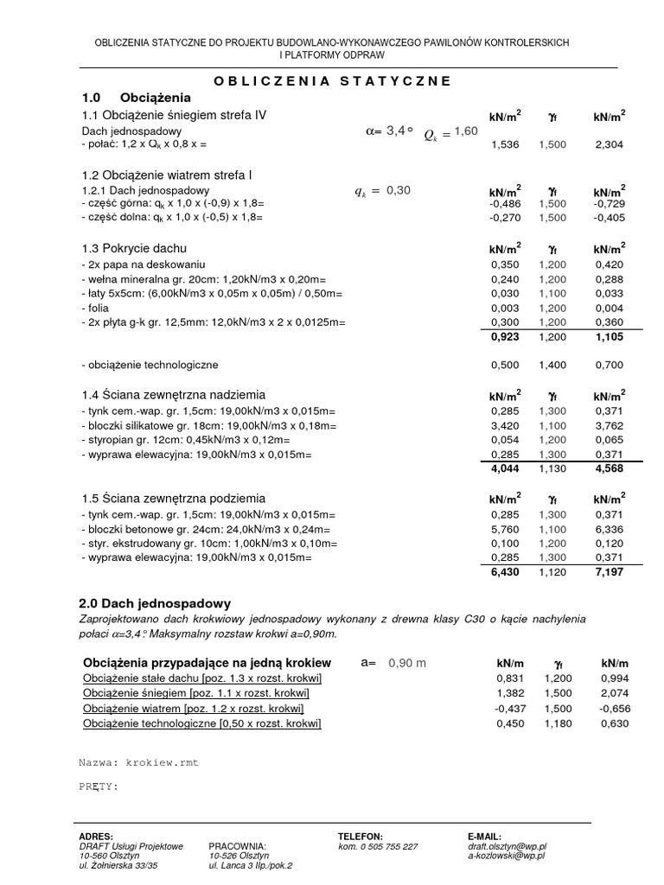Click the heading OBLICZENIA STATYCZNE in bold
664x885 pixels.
click(332, 80)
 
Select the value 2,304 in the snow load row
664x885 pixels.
click(610, 145)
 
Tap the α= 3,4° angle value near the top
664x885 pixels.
click(390, 131)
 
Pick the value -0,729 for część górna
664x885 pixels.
click(610, 205)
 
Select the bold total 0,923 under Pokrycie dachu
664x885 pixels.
click(504, 337)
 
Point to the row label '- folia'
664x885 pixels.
click(96, 308)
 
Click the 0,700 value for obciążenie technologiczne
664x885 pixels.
click(610, 366)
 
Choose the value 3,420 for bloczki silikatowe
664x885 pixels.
click(504, 425)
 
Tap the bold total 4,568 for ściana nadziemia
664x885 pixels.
click(610, 469)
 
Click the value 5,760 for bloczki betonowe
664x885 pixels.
click(504, 529)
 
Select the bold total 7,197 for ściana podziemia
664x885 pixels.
click(610, 573)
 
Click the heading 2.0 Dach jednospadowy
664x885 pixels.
click(155, 602)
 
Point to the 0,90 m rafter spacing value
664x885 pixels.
click(408, 663)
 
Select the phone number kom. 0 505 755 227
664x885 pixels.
click(378, 846)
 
